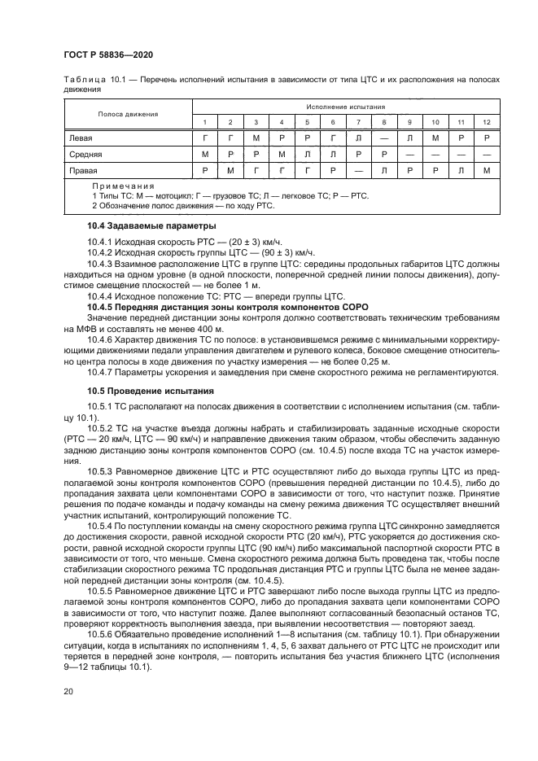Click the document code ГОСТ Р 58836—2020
click(108, 54)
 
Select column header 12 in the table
click(486, 121)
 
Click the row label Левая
click(81, 138)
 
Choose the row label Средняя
click(85, 154)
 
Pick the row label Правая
click(83, 171)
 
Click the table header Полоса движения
click(128, 114)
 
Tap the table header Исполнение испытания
click(346, 107)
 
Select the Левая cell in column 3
click(256, 138)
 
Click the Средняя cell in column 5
click(307, 154)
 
